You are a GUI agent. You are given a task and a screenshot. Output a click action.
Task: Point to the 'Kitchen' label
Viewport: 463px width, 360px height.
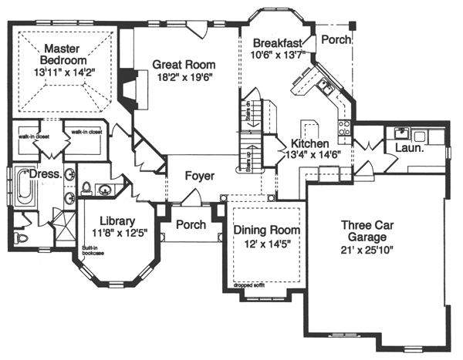point(310,144)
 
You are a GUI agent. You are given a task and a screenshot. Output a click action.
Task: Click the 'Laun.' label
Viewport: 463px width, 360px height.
point(408,147)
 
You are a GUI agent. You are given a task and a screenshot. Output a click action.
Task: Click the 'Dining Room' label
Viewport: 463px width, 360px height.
point(267,230)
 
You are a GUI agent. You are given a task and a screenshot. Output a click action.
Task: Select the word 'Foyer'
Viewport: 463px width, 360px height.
point(199,176)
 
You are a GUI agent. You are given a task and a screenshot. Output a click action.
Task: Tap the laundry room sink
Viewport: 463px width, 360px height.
point(400,131)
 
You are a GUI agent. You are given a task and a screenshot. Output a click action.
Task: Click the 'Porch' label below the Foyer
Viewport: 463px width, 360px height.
point(191,225)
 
